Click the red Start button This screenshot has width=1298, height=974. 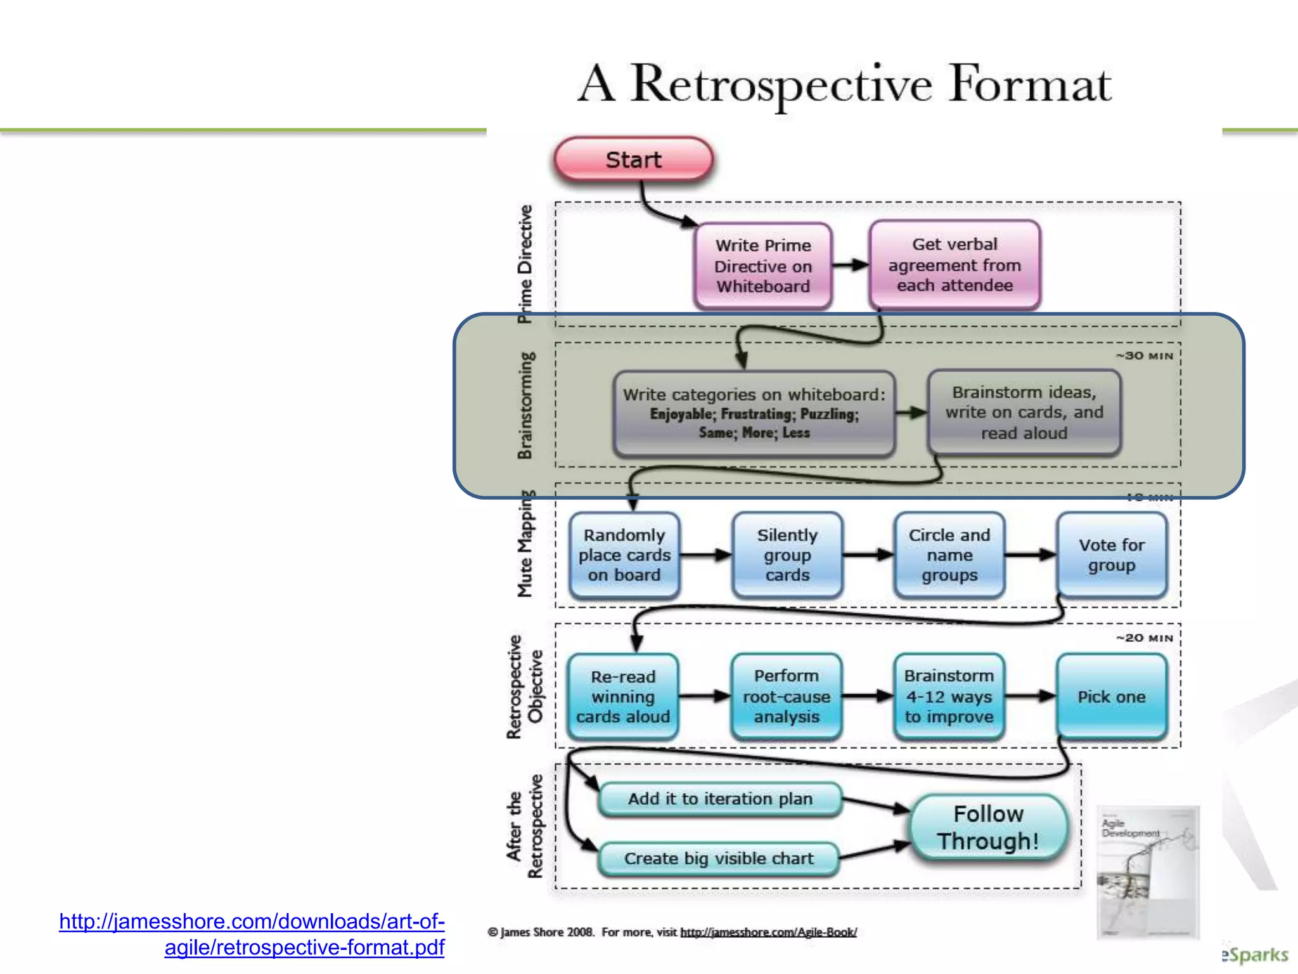click(633, 160)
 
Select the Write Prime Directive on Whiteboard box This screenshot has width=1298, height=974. click(763, 266)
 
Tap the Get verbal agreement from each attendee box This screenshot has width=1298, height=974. click(954, 264)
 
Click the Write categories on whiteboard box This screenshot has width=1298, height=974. click(754, 413)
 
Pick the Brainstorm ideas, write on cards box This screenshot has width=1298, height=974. click(1024, 413)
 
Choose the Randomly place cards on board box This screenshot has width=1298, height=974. click(624, 555)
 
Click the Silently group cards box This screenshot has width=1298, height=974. click(787, 555)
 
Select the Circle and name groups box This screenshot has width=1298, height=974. click(949, 555)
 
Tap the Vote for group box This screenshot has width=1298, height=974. click(1112, 555)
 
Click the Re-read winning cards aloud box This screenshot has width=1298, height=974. click(623, 696)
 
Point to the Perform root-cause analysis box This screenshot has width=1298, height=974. click(787, 696)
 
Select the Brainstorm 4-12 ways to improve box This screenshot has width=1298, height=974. click(949, 696)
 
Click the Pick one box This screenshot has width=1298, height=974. click(1112, 696)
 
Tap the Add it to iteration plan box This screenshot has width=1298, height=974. click(720, 799)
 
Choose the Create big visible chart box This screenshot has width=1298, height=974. click(719, 859)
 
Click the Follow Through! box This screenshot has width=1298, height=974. click(989, 828)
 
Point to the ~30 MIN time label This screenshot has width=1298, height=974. click(1145, 356)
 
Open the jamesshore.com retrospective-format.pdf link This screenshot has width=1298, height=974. click(252, 934)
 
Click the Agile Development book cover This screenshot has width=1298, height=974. click(1148, 872)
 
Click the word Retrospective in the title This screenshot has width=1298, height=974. click(781, 84)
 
